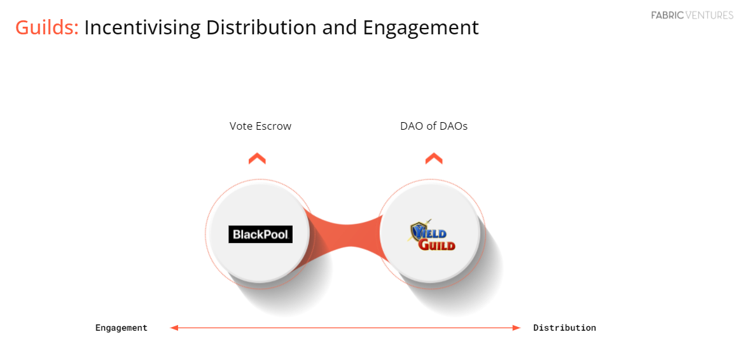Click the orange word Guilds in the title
coord(46,27)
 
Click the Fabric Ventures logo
coord(692,15)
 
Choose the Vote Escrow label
coord(260,126)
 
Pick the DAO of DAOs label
coord(434,126)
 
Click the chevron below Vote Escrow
coord(257,158)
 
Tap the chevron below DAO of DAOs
coord(434,158)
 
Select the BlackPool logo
coord(260,234)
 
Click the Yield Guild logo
coord(433,235)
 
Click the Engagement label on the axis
coord(121,328)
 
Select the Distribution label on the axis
coord(564,328)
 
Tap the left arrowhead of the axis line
coord(174,328)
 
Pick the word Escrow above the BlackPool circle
coord(274,126)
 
